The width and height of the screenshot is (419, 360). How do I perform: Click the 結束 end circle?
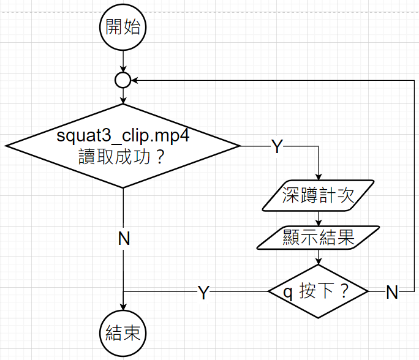tap(123, 332)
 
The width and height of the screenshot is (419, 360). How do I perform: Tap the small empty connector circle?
tap(123, 80)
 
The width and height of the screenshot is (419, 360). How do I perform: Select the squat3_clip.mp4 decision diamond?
tap(123, 146)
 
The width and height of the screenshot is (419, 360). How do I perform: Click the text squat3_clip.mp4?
tap(123, 135)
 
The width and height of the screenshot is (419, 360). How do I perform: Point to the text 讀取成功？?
tap(123, 157)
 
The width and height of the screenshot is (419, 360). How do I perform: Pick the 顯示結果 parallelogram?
tap(319, 237)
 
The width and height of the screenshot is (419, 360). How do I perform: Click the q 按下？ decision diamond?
tap(318, 291)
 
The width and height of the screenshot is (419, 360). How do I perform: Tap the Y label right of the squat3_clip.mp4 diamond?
tap(277, 147)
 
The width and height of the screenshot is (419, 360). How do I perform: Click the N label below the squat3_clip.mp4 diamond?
tap(124, 239)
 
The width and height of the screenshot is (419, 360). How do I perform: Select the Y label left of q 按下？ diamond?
tap(203, 293)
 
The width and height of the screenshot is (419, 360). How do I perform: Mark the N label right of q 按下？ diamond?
tap(392, 293)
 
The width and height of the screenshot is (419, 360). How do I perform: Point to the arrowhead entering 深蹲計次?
tap(319, 175)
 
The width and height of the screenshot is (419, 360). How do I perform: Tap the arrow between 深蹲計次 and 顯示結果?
tap(319, 217)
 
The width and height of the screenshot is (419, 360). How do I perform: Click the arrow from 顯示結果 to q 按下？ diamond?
tap(319, 258)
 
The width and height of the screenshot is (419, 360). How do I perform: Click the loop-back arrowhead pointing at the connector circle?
tap(135, 80)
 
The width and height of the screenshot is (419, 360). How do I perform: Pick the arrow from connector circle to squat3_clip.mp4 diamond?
tap(123, 96)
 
